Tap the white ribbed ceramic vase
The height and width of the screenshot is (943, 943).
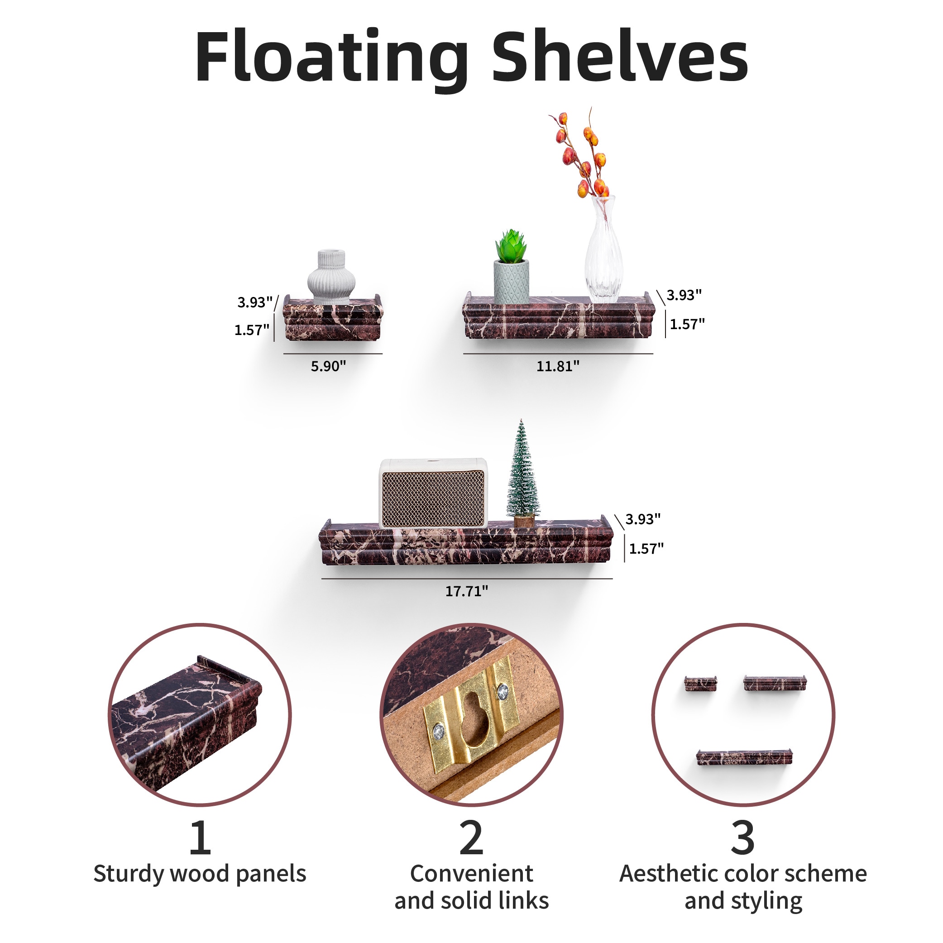pyautogui.click(x=331, y=276)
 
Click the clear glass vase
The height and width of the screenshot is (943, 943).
pyautogui.click(x=604, y=254)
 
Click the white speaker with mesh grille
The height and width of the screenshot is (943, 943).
pyautogui.click(x=433, y=493)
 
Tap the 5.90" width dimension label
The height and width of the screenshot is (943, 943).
pyautogui.click(x=328, y=366)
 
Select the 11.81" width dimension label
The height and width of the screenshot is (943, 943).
pyautogui.click(x=558, y=366)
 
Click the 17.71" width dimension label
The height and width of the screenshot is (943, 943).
pyautogui.click(x=466, y=592)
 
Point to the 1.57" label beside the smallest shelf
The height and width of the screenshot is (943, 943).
pyautogui.click(x=252, y=330)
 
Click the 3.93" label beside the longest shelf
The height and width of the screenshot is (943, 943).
pyautogui.click(x=643, y=519)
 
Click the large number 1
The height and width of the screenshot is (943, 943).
pyautogui.click(x=200, y=838)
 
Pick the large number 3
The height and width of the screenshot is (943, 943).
pyautogui.click(x=742, y=838)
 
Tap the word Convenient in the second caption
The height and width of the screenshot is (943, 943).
pyautogui.click(x=472, y=874)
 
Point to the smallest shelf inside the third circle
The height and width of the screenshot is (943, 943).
pyautogui.click(x=700, y=684)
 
